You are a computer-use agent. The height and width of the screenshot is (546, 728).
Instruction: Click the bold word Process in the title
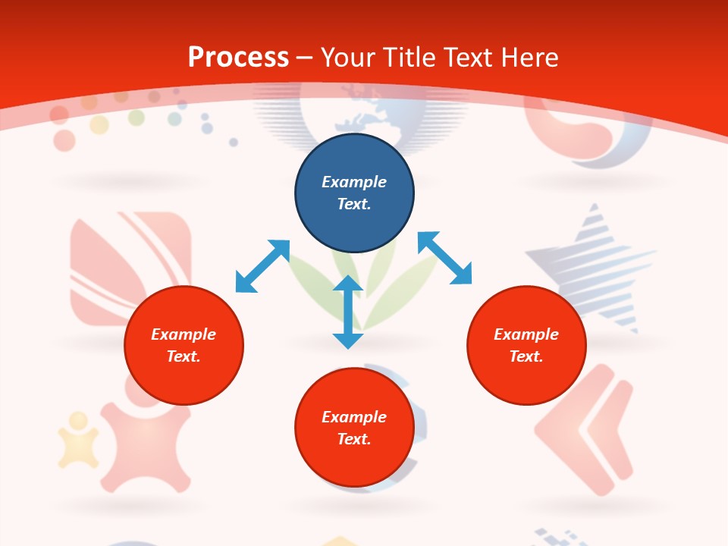[238, 58]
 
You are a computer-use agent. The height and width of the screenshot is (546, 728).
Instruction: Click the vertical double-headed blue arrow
[347, 312]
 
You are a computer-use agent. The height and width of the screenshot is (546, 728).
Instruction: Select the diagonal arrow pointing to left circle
[262, 266]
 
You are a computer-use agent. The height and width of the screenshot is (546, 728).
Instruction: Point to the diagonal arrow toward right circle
[444, 258]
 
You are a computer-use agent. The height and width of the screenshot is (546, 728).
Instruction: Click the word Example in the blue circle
[354, 182]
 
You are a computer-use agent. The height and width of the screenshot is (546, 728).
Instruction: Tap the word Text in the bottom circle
[354, 439]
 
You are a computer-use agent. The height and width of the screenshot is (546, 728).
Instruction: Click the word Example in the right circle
[526, 334]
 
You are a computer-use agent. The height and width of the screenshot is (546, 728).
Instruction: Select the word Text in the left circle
[184, 356]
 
